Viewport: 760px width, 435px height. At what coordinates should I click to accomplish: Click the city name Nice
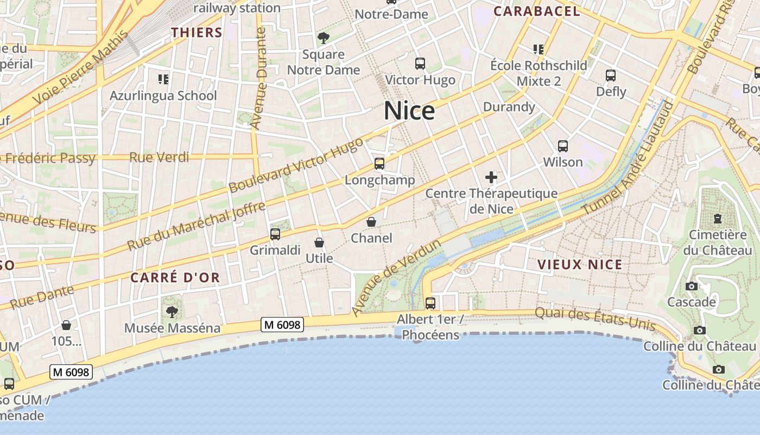point(409,111)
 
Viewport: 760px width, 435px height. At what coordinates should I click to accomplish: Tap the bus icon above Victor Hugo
point(420,64)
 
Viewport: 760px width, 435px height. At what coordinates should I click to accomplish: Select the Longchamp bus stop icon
point(379,164)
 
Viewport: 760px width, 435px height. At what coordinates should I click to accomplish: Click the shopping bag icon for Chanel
point(371,222)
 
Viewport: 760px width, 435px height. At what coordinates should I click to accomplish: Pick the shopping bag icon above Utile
point(319,242)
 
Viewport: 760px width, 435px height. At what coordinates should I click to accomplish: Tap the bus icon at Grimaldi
point(275,234)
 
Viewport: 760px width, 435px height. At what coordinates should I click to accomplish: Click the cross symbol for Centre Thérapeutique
point(491,177)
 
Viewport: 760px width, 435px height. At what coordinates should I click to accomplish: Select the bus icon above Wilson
point(563,146)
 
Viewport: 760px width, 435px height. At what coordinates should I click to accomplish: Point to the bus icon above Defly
point(611,76)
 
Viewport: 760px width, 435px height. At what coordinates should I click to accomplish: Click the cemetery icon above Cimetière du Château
point(718,219)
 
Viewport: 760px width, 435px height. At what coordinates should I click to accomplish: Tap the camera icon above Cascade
point(692,286)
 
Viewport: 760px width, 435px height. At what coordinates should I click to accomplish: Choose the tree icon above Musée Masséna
point(172,312)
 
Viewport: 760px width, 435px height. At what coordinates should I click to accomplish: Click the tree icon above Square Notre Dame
point(324,38)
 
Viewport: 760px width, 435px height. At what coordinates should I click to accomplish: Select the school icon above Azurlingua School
point(163,79)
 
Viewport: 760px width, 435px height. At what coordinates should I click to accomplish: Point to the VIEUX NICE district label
point(580,265)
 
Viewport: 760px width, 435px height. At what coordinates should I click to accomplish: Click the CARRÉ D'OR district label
point(175,278)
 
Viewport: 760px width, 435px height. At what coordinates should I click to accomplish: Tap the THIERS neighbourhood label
point(197,33)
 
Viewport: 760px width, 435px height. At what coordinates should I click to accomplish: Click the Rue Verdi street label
point(159,158)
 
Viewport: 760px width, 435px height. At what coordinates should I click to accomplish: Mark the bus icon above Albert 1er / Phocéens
point(430,303)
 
